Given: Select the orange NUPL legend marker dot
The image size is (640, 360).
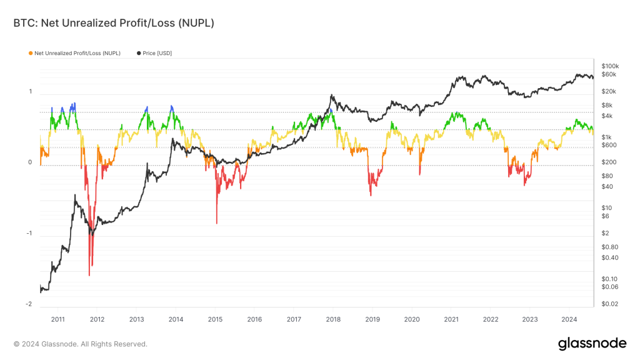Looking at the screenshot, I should [x=31, y=53].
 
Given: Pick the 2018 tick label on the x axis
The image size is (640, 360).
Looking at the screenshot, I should [x=332, y=319].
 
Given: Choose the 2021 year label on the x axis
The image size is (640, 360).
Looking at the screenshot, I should [x=451, y=319].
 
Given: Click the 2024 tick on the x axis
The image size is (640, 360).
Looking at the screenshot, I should [x=569, y=319].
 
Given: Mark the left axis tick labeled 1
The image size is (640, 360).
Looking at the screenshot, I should [x=30, y=92].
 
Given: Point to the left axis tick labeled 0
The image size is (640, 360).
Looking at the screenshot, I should [x=30, y=162].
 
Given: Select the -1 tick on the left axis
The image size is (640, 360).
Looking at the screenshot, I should [x=29, y=234].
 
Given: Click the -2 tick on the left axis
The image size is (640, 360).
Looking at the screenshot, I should [x=29, y=304].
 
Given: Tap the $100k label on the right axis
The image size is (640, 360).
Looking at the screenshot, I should [x=609, y=66].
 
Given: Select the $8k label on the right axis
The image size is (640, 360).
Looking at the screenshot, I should [x=606, y=105].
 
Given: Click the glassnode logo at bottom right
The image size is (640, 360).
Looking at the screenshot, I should [x=591, y=343].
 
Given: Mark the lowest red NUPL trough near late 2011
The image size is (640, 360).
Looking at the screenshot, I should [x=89, y=275].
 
